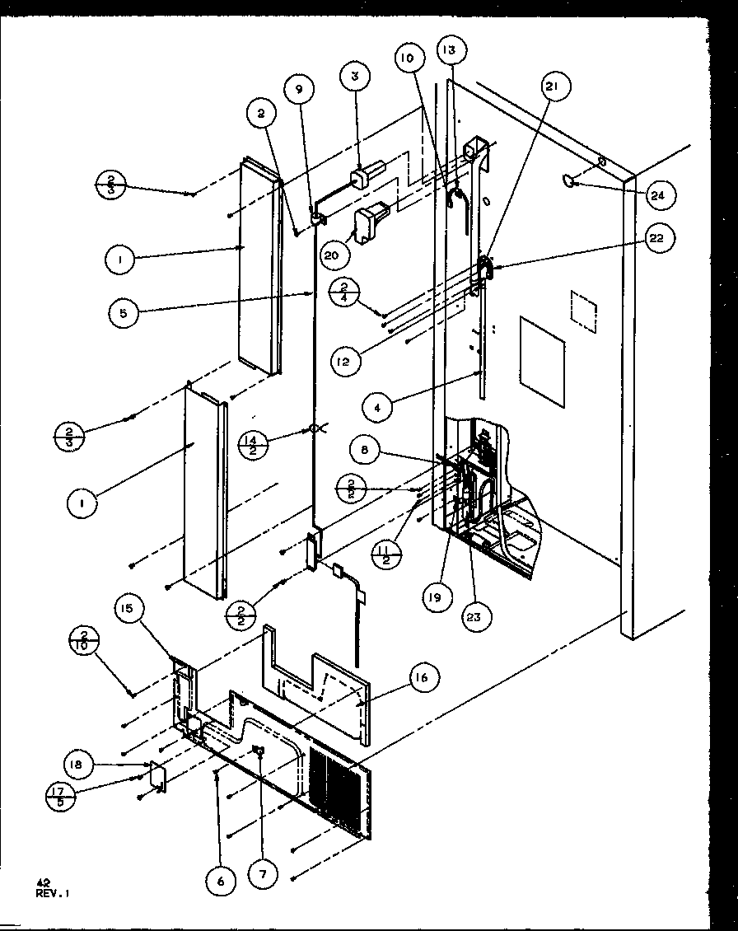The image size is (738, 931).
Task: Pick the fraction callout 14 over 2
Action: tap(251, 446)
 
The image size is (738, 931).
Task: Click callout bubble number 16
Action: tap(423, 677)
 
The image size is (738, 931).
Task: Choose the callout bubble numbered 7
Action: tap(263, 875)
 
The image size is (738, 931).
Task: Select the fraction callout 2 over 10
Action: tap(86, 642)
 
